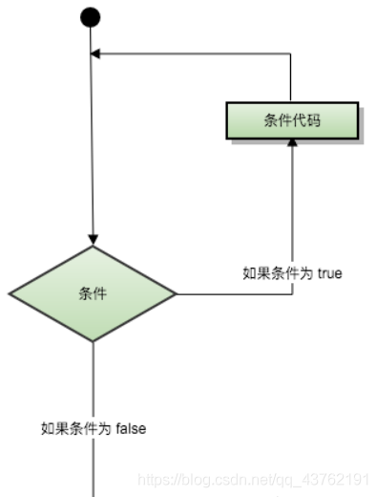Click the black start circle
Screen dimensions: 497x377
click(91, 17)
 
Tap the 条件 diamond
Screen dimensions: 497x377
click(93, 293)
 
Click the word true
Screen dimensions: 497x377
click(329, 273)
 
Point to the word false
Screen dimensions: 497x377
click(131, 429)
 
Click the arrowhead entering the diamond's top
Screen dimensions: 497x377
click(93, 239)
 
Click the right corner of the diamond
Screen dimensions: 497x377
click(177, 294)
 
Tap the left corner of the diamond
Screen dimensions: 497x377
click(10, 293)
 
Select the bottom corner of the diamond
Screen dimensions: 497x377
click(93, 341)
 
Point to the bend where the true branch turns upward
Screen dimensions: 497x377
click(291, 294)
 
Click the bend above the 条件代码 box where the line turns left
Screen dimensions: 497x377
click(291, 54)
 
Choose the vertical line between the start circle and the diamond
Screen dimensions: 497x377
click(93, 143)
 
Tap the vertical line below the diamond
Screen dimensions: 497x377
click(93, 382)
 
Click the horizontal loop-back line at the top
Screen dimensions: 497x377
click(191, 54)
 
